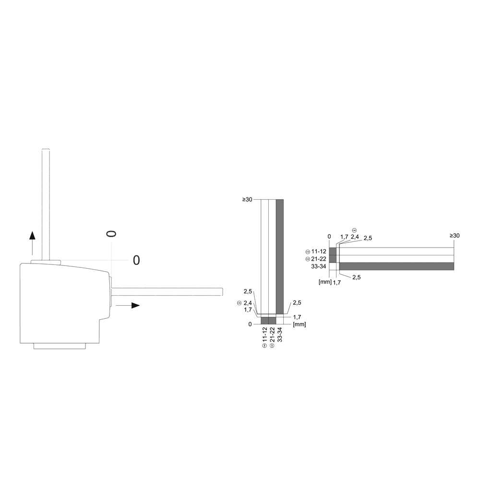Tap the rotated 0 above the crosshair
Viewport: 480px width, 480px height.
(111, 234)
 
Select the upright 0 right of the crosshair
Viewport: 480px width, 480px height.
(136, 260)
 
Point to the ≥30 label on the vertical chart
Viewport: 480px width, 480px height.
(248, 200)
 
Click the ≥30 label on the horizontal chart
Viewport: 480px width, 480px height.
(454, 236)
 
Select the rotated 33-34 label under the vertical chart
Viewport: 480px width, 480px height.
(280, 335)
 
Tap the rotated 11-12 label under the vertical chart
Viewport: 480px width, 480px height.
(264, 335)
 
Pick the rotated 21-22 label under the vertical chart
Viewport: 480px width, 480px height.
(272, 335)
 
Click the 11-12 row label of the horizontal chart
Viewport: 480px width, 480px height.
(318, 252)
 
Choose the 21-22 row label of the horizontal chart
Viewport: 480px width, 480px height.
(318, 259)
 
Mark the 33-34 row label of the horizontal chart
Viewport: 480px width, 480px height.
(318, 266)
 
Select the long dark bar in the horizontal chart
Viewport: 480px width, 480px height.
(396, 266)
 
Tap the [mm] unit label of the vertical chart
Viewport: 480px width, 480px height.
(299, 324)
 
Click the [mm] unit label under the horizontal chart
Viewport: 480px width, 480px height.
(325, 282)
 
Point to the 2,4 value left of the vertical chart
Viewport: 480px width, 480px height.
(248, 303)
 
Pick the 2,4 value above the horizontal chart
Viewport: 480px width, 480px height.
(355, 237)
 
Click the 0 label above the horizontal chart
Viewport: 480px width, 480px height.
(329, 237)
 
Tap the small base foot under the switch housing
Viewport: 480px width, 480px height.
(60, 346)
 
